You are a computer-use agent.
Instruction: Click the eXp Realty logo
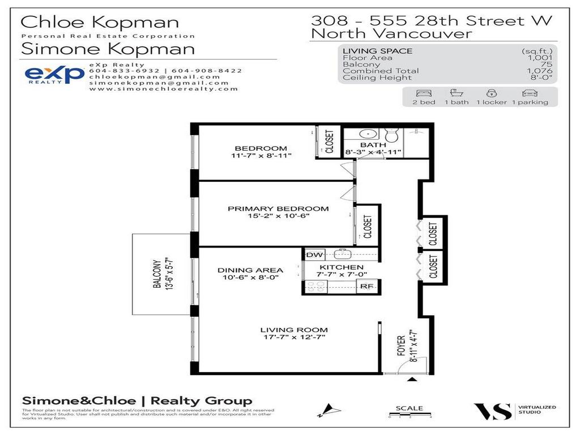54,75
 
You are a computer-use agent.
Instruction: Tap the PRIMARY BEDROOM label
270,208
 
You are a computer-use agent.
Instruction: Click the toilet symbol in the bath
391,135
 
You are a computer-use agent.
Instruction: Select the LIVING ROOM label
293,330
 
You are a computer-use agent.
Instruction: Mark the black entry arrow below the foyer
412,379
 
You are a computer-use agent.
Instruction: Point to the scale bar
410,416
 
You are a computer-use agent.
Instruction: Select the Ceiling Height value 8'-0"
541,78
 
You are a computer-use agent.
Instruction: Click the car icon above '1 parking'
530,92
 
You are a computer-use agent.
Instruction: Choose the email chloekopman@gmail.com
154,76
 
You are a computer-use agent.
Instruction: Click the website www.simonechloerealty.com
163,89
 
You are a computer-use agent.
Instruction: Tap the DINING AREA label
250,270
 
